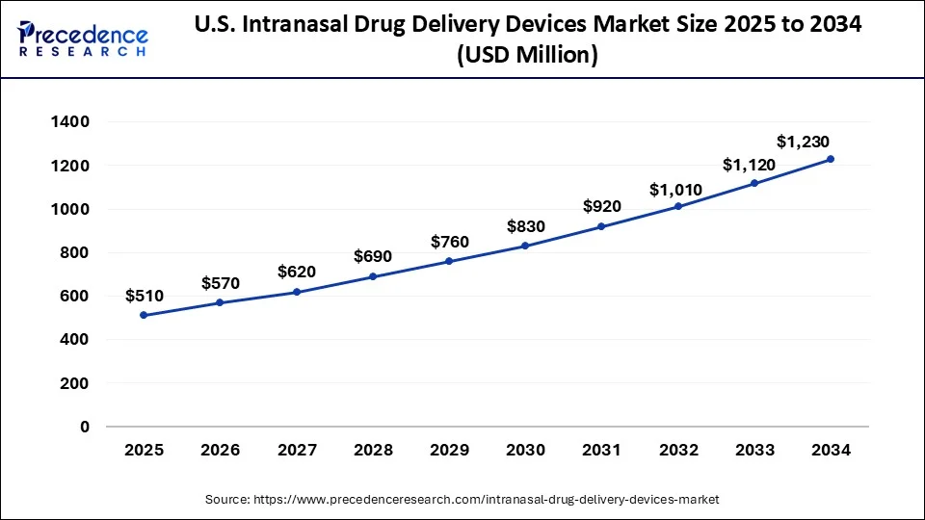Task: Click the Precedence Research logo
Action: point(83,39)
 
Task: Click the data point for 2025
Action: point(144,315)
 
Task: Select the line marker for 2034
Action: point(831,159)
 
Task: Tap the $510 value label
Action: point(144,296)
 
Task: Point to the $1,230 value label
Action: point(803,142)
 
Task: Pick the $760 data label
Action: point(449,241)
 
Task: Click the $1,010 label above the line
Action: point(675,189)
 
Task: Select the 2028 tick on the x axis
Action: point(373,450)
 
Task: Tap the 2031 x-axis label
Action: point(601,450)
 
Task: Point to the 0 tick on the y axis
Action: point(84,427)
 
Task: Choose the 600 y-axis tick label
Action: point(74,297)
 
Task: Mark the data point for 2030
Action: point(525,246)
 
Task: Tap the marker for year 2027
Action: point(297,292)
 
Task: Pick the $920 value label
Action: point(601,206)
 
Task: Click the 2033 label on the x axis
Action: point(754,450)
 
